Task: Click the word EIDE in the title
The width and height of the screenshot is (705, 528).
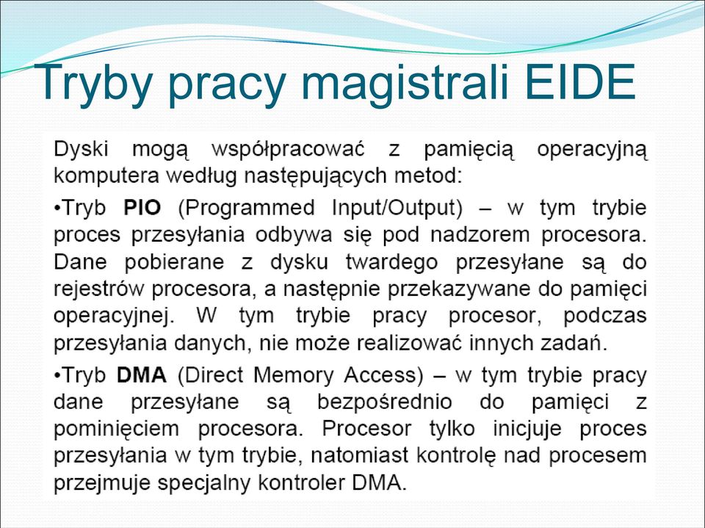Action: (x=580, y=82)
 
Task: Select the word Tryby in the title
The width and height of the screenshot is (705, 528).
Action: (x=93, y=85)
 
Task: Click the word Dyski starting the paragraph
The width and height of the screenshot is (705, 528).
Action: (x=81, y=149)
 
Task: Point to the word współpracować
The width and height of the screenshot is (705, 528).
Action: (x=288, y=150)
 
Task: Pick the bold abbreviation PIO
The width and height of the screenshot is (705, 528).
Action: (x=142, y=207)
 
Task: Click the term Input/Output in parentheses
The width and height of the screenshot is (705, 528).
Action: (x=397, y=209)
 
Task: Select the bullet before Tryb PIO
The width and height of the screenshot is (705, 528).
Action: (x=57, y=209)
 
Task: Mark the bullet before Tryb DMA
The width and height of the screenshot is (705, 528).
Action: (x=57, y=376)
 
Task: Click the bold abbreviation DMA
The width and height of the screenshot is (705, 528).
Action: (x=142, y=375)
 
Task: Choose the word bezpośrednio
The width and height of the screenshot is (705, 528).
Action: (x=384, y=402)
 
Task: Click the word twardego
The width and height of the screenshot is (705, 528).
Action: (x=391, y=263)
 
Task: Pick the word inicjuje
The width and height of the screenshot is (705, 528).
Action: (x=527, y=429)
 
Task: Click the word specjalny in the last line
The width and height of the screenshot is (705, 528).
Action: (x=203, y=483)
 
